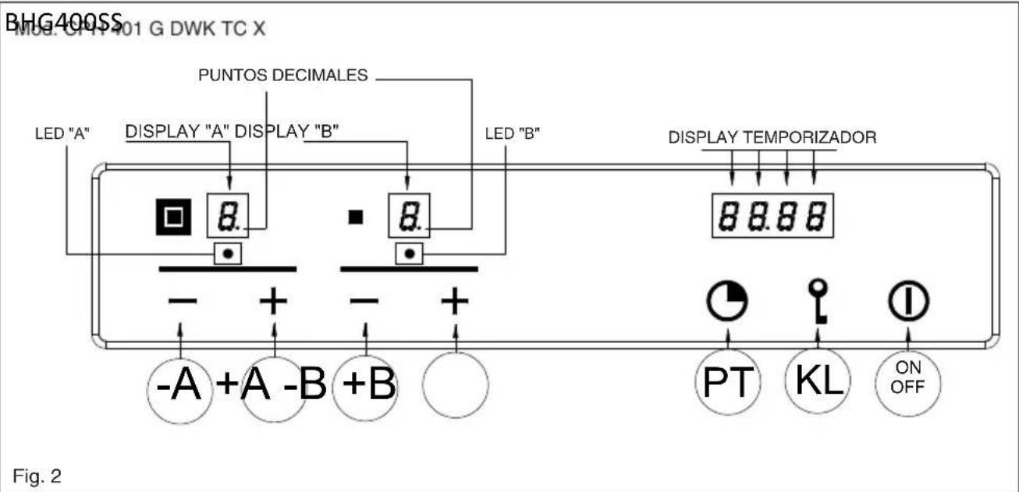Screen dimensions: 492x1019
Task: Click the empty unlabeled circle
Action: point(456,384)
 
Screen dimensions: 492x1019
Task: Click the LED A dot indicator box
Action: point(226,253)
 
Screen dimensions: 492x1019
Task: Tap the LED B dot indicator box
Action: point(409,253)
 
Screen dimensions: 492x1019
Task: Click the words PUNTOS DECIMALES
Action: point(282,76)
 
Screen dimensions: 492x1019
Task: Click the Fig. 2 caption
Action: point(38,474)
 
